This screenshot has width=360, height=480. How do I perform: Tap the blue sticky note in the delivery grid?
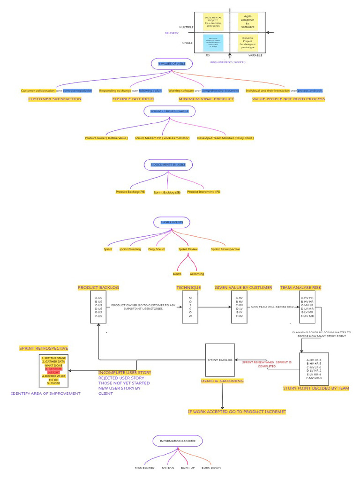click(213, 43)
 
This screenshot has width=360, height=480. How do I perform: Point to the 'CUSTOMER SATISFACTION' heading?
click(55, 99)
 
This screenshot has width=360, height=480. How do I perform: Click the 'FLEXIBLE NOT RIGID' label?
click(133, 99)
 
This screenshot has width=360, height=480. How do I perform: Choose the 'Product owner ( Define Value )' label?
click(106, 138)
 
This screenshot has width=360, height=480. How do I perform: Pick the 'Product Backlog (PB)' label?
click(130, 192)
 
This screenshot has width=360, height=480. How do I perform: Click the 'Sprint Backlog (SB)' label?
click(167, 192)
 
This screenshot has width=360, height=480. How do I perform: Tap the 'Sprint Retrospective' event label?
click(225, 249)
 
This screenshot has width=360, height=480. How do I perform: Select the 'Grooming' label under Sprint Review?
click(197, 274)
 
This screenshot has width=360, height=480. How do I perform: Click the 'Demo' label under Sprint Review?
click(177, 274)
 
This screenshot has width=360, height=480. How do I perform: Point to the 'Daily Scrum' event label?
click(157, 249)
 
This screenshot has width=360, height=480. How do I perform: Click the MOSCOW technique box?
click(190, 307)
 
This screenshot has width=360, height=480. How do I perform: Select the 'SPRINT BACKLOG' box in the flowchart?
click(220, 360)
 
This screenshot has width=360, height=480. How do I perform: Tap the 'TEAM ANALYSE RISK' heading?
click(301, 287)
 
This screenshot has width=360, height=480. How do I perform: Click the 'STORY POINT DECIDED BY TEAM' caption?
click(316, 388)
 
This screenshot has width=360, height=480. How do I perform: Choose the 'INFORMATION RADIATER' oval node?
click(174, 441)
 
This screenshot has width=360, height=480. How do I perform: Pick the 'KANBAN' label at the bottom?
click(168, 468)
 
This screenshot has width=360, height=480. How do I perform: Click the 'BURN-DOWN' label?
click(211, 468)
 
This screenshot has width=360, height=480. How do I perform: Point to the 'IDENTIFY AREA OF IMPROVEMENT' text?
click(46, 393)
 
